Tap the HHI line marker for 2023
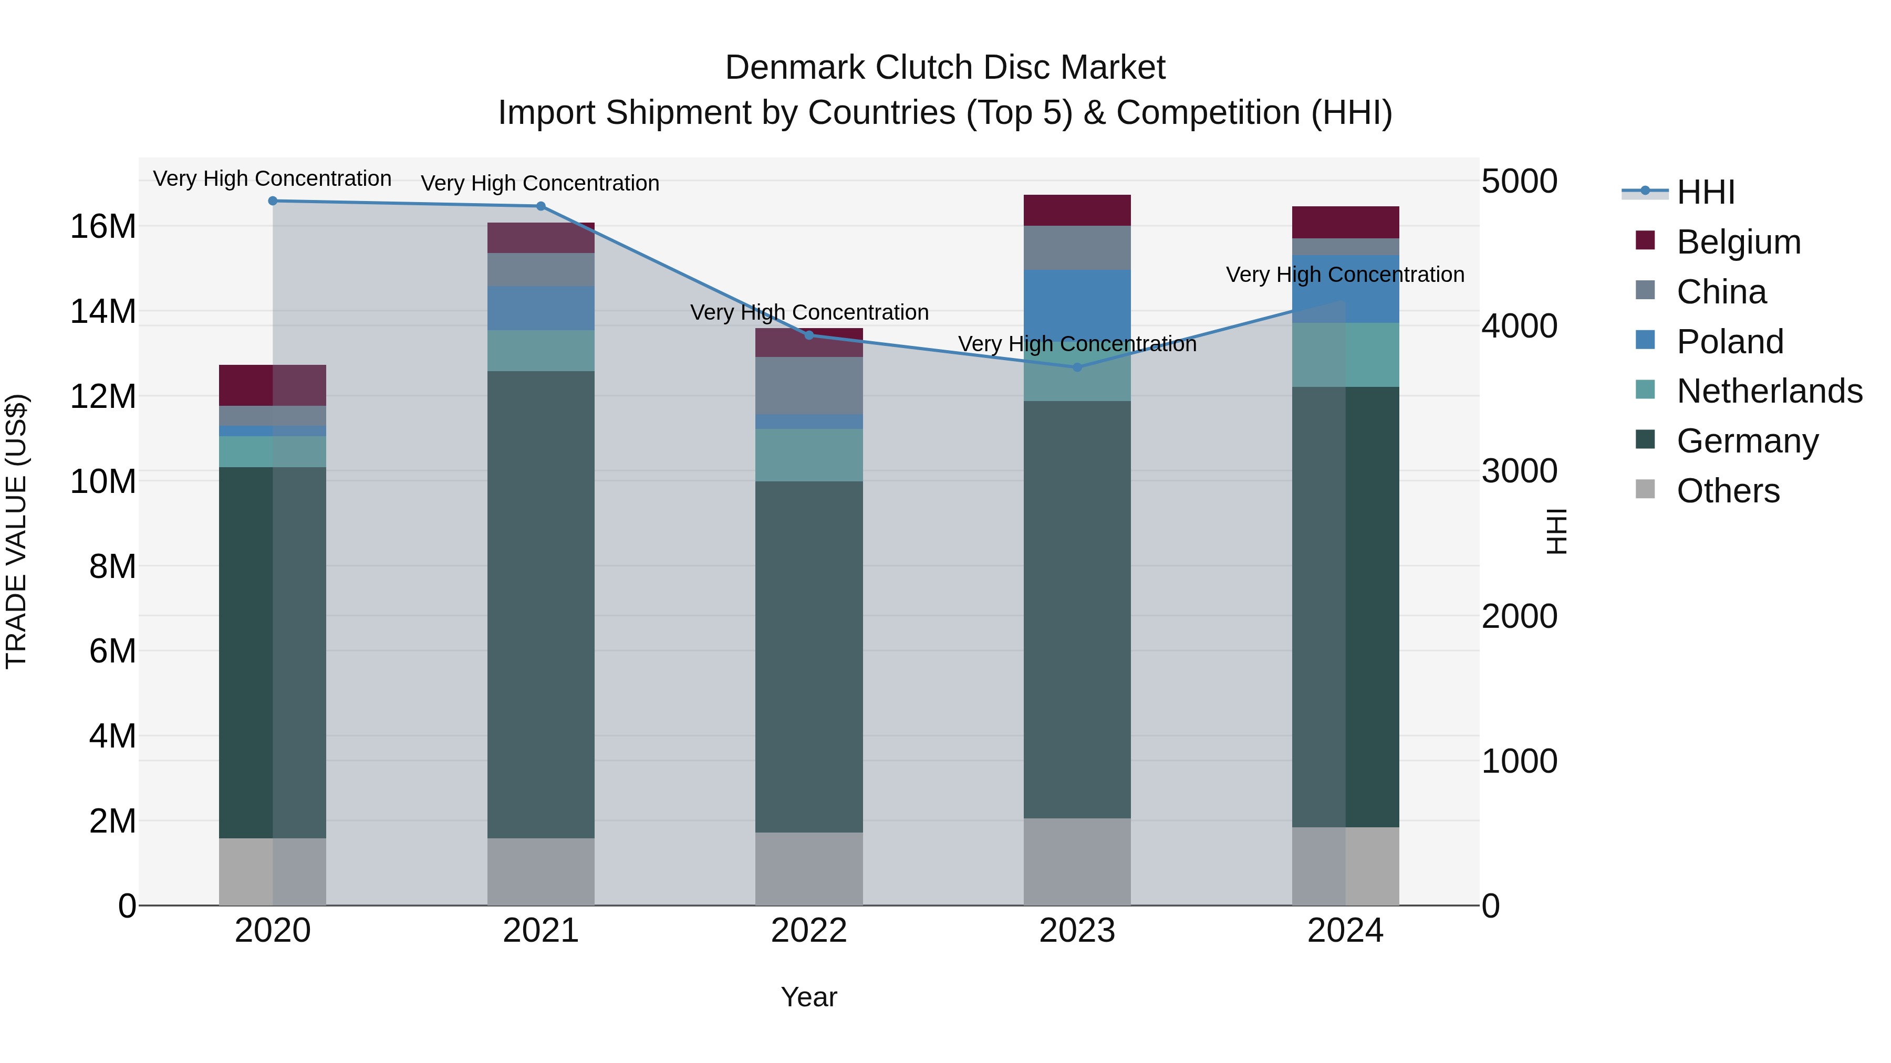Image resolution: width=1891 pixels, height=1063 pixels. [x=1077, y=367]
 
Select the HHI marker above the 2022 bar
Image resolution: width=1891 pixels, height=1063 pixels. [x=809, y=335]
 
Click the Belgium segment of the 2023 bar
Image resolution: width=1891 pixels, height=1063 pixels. [x=1077, y=211]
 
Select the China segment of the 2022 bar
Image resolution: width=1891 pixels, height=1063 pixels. [x=809, y=385]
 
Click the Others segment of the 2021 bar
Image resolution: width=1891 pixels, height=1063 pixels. [x=541, y=871]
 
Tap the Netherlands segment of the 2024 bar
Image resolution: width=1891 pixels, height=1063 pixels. [x=1346, y=354]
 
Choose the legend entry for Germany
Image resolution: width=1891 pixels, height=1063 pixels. [x=1747, y=441]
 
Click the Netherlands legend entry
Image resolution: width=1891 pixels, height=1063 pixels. [x=1769, y=391]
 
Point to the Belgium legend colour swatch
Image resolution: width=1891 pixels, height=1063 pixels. [x=1645, y=240]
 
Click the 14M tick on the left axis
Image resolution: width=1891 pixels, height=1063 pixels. [x=103, y=312]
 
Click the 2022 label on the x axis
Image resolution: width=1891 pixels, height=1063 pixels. [x=809, y=931]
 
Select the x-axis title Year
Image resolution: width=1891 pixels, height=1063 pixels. [x=809, y=997]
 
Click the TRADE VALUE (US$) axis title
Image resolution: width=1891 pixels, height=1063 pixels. [x=16, y=531]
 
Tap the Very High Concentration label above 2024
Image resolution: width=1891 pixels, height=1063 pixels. [x=1345, y=275]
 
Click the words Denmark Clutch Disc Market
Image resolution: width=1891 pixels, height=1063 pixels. [x=945, y=68]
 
